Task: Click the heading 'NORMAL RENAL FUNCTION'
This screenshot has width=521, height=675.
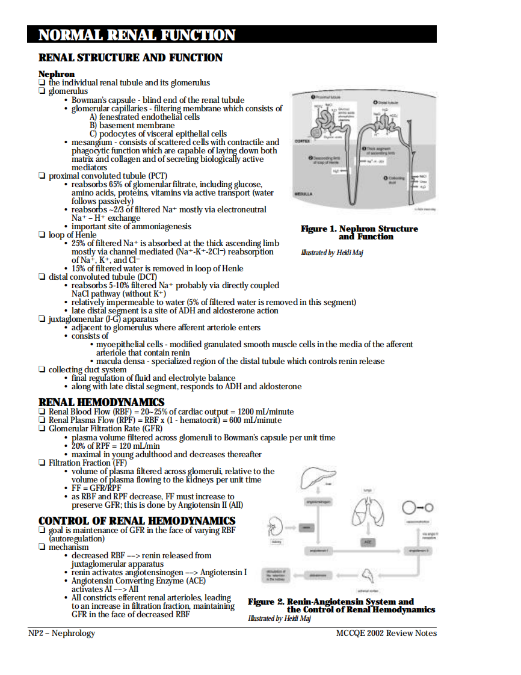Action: click(137, 35)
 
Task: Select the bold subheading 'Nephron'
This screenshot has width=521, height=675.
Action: click(57, 74)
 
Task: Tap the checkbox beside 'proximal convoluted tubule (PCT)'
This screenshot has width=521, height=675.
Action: click(42, 176)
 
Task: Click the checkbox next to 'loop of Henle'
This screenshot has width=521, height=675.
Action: click(42, 235)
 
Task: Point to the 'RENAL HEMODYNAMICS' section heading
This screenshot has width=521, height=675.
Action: click(101, 402)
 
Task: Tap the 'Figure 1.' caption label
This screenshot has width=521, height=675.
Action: click(319, 229)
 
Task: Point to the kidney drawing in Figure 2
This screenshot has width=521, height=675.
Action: click(276, 526)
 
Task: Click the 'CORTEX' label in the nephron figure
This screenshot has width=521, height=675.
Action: click(302, 141)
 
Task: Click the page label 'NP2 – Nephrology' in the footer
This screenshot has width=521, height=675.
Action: click(62, 633)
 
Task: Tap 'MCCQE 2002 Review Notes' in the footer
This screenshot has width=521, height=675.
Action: click(386, 633)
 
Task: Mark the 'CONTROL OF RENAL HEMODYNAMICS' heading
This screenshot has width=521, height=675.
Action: click(137, 520)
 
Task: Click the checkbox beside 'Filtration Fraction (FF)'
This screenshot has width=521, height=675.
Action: click(42, 463)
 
